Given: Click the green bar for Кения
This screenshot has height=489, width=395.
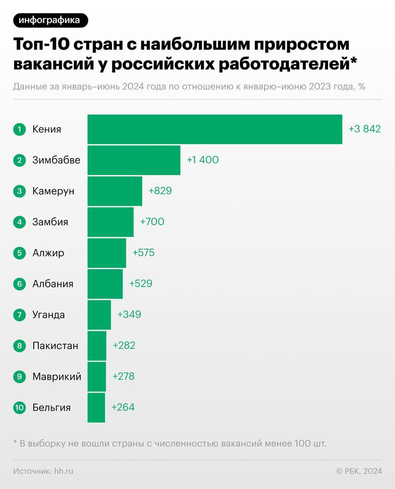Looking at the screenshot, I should click(x=215, y=129).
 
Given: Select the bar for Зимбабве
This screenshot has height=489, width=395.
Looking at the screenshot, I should click(x=134, y=160).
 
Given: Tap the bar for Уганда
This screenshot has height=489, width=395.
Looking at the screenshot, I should click(x=99, y=315).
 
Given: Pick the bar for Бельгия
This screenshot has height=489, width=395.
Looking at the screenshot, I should click(x=96, y=408).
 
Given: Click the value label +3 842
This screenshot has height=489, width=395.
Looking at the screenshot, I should click(x=364, y=129).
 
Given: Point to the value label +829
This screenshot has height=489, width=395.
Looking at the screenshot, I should click(x=160, y=191).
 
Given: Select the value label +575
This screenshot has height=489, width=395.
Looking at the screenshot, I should click(x=143, y=253).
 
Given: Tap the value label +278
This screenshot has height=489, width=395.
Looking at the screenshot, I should click(x=123, y=376).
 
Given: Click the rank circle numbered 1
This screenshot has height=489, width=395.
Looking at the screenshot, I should click(x=19, y=129).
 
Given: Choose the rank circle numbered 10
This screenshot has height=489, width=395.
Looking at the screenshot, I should click(x=19, y=408).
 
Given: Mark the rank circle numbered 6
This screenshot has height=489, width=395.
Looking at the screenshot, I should click(x=19, y=284).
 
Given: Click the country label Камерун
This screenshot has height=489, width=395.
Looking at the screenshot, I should click(x=53, y=191).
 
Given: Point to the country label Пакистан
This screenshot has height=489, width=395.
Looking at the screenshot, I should click(x=55, y=346).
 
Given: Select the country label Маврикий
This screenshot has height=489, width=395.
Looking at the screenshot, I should click(x=57, y=377).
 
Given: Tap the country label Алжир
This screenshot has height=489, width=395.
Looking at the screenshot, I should click(x=48, y=253).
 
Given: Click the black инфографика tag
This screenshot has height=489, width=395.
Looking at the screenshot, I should click(x=50, y=20).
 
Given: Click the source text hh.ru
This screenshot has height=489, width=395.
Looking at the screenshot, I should click(x=64, y=471).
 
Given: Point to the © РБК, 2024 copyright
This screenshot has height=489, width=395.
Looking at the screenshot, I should click(x=359, y=471).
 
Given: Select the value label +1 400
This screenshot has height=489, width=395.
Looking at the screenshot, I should click(x=202, y=160).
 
